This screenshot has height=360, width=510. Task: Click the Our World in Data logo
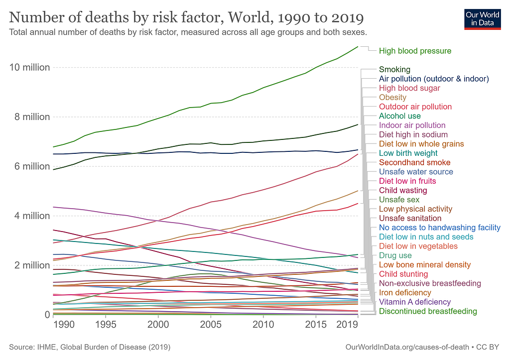click(482, 19)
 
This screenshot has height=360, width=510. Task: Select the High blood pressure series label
click(415, 51)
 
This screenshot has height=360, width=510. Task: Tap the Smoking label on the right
click(394, 69)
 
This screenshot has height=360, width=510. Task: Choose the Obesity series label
click(392, 97)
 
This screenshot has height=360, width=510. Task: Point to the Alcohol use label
click(400, 116)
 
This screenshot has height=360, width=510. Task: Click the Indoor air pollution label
click(412, 125)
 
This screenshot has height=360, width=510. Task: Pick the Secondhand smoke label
click(415, 162)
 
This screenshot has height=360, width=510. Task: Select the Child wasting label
click(403, 190)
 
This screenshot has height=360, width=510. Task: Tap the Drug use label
click(395, 255)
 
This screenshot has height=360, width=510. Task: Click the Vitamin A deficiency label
click(415, 302)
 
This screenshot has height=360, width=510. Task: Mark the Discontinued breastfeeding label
click(428, 311)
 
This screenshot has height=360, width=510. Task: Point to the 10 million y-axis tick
click(29, 67)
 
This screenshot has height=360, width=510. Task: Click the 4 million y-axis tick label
click(31, 216)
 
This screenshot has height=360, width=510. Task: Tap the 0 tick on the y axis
click(47, 315)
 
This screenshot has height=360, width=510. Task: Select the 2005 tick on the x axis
click(211, 324)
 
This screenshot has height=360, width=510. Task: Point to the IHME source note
click(90, 347)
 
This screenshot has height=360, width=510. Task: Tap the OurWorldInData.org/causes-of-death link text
click(407, 347)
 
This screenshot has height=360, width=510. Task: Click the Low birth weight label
click(408, 153)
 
